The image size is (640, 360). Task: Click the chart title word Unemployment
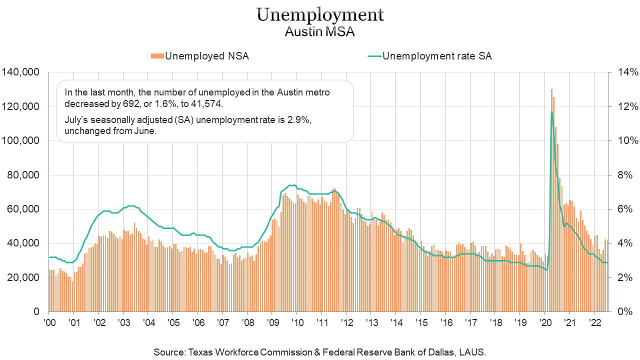point(320,15)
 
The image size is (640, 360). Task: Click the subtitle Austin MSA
point(320,32)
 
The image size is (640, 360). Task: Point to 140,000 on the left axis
point(20,72)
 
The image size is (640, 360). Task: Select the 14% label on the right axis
point(627,72)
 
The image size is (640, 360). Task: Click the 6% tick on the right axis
point(625,209)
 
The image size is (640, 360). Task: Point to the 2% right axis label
point(625,277)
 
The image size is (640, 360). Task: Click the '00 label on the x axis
point(49,322)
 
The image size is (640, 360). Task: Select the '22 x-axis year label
point(594,322)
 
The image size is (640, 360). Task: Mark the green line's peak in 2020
point(551,112)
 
